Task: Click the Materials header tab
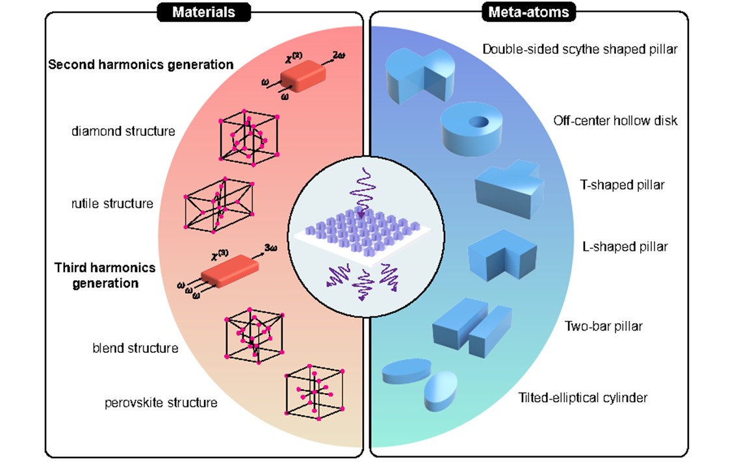point(205,12)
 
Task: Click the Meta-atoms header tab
point(528,12)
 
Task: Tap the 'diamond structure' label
point(123,131)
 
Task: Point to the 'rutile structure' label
point(112,203)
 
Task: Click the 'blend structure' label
point(135,348)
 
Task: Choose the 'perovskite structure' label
point(161,403)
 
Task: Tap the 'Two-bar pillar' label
point(604,326)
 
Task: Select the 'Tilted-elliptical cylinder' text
point(582,397)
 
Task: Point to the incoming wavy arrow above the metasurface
point(362,189)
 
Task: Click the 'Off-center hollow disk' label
point(615,120)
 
